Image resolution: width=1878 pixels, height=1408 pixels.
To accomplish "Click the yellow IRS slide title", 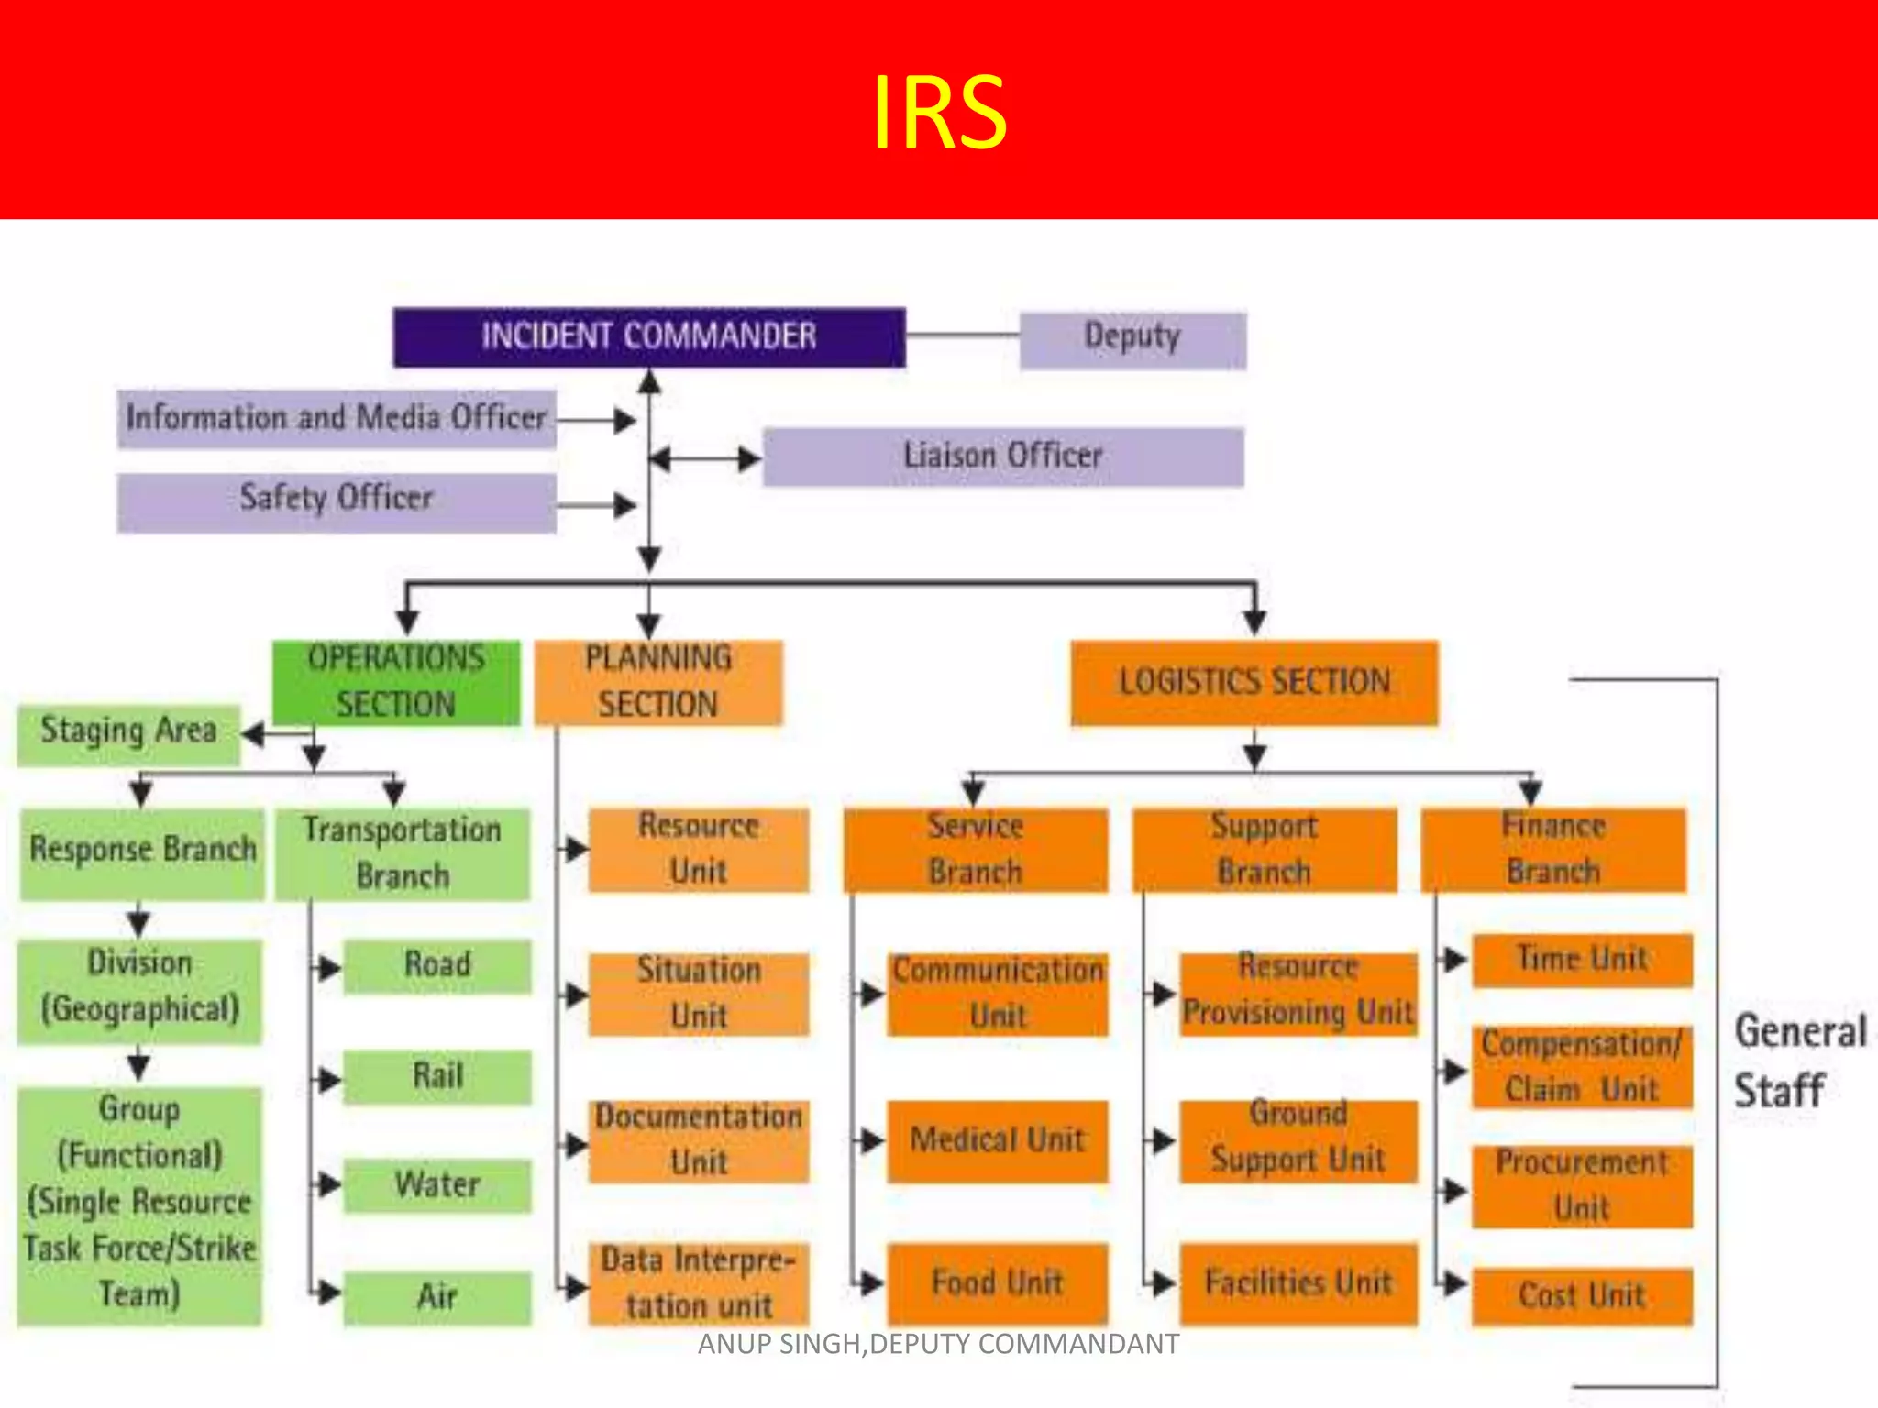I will click(939, 112).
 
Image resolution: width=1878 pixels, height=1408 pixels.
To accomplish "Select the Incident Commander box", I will click(649, 336).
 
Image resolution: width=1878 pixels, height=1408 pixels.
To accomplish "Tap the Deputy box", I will click(1132, 339).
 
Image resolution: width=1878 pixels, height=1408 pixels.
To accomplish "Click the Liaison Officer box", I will click(1003, 456).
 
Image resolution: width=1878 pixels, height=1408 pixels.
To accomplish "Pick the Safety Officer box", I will click(336, 501).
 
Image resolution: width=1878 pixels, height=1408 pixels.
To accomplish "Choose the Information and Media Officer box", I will click(336, 419).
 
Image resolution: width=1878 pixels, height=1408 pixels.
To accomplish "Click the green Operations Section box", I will click(396, 682).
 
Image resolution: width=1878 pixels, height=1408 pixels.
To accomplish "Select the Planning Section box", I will click(658, 682).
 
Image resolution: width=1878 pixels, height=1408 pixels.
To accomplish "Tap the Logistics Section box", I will click(1254, 683).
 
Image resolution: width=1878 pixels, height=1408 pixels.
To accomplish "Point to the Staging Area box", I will click(128, 734).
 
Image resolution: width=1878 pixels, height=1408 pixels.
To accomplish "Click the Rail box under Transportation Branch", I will click(437, 1077).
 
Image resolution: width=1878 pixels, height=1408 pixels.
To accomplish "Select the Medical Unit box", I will click(998, 1141).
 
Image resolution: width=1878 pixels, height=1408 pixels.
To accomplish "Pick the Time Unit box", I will click(1582, 960).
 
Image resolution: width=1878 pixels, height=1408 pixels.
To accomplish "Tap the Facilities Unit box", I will click(1298, 1283).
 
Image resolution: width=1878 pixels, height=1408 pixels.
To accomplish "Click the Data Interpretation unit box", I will click(699, 1283).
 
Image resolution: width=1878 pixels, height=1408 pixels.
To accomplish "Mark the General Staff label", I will click(1799, 1061).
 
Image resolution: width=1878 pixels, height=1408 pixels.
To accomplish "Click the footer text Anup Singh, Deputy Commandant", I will click(938, 1344).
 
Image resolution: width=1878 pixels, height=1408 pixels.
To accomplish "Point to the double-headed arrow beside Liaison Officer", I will click(704, 457).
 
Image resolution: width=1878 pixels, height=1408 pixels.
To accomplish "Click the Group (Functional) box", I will click(139, 1204).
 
